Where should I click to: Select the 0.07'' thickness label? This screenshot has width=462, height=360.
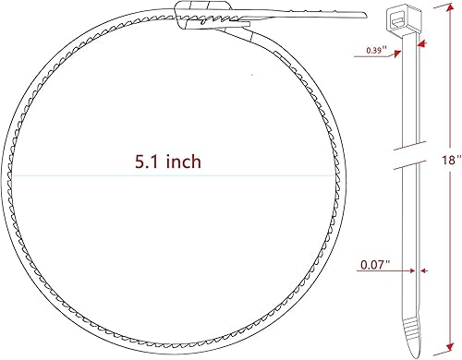click(x=375, y=265)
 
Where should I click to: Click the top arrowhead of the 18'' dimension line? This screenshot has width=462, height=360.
click(x=434, y=12)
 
